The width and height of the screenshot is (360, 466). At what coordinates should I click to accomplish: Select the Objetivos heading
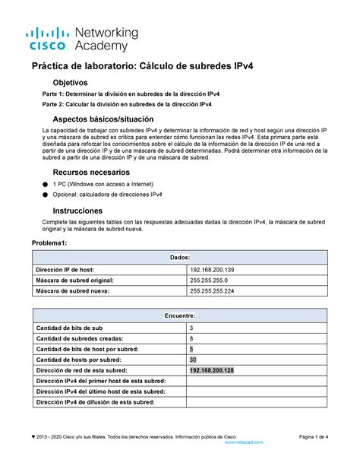tap(70, 82)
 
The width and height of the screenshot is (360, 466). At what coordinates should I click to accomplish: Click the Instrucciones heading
tap(77, 210)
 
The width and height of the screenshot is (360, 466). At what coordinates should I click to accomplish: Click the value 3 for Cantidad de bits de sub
tap(191, 328)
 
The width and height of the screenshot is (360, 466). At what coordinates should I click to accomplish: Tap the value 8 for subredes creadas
tap(191, 338)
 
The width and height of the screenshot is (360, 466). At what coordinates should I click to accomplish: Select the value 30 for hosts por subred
tap(194, 360)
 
